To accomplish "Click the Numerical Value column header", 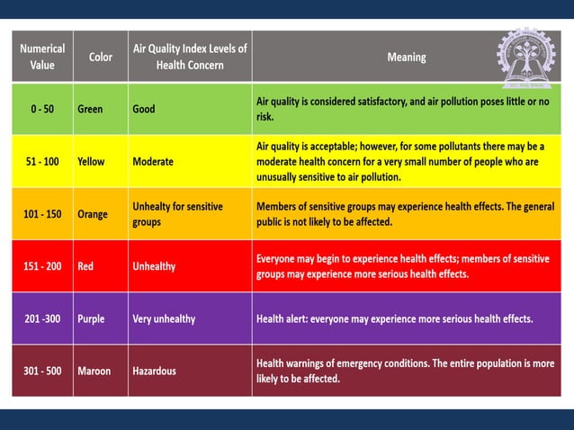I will pos(42,57).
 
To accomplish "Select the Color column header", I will pos(101,57).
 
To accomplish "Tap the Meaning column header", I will pos(407,57).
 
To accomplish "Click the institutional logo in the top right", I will pos(526,58).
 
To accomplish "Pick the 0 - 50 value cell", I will pos(42,109).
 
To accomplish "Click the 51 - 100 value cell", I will pos(42,162).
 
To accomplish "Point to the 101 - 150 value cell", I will pos(42,214).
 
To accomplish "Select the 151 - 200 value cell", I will pos(42,266).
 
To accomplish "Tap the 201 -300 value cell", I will pos(42,318).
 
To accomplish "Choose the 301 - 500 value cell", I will pos(42,371).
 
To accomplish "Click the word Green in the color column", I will pos(90,109).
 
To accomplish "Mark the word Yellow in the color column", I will pos(91,162).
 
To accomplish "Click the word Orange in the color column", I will pos(93,214).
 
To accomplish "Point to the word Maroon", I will pos(94,371).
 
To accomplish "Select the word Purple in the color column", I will pos(91,318).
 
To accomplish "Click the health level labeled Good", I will pos(143,109).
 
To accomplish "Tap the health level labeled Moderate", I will pos(153,162).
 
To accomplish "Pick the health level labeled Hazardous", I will pos(154,371).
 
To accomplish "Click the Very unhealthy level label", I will pos(164,318).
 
